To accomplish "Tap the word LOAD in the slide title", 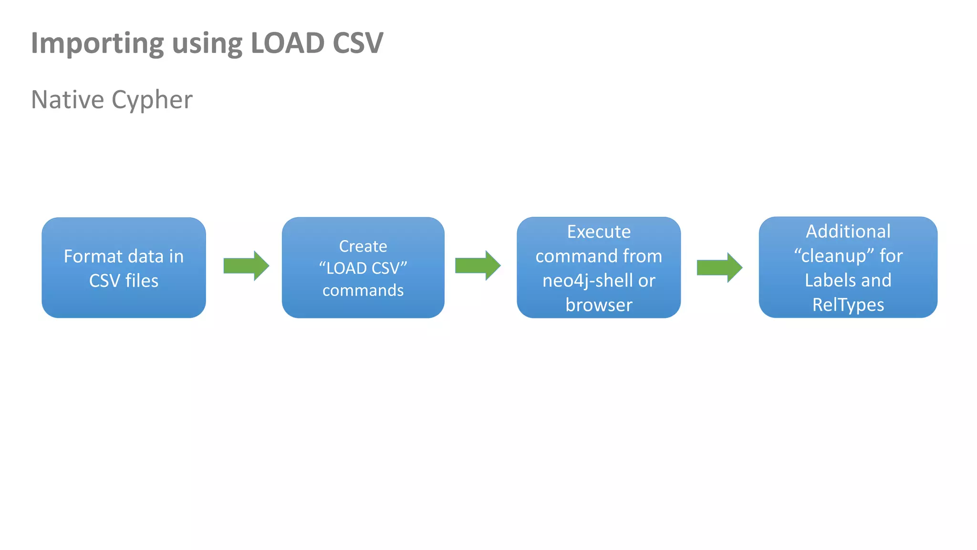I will tap(287, 43).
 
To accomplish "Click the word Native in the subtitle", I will tap(67, 100).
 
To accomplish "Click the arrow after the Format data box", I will tap(246, 266).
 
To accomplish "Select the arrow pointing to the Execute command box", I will tap(478, 265).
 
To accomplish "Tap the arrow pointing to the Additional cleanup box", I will tap(719, 268).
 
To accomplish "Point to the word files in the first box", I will tap(142, 281).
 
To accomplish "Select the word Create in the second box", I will tap(363, 246).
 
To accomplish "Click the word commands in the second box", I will tap(363, 290).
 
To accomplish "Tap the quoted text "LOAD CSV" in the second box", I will tap(363, 268).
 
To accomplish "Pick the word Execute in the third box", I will tap(599, 232).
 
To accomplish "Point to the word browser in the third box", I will tap(599, 305).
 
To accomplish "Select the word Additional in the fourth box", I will tap(848, 232).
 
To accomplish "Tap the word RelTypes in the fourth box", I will tap(848, 305).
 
